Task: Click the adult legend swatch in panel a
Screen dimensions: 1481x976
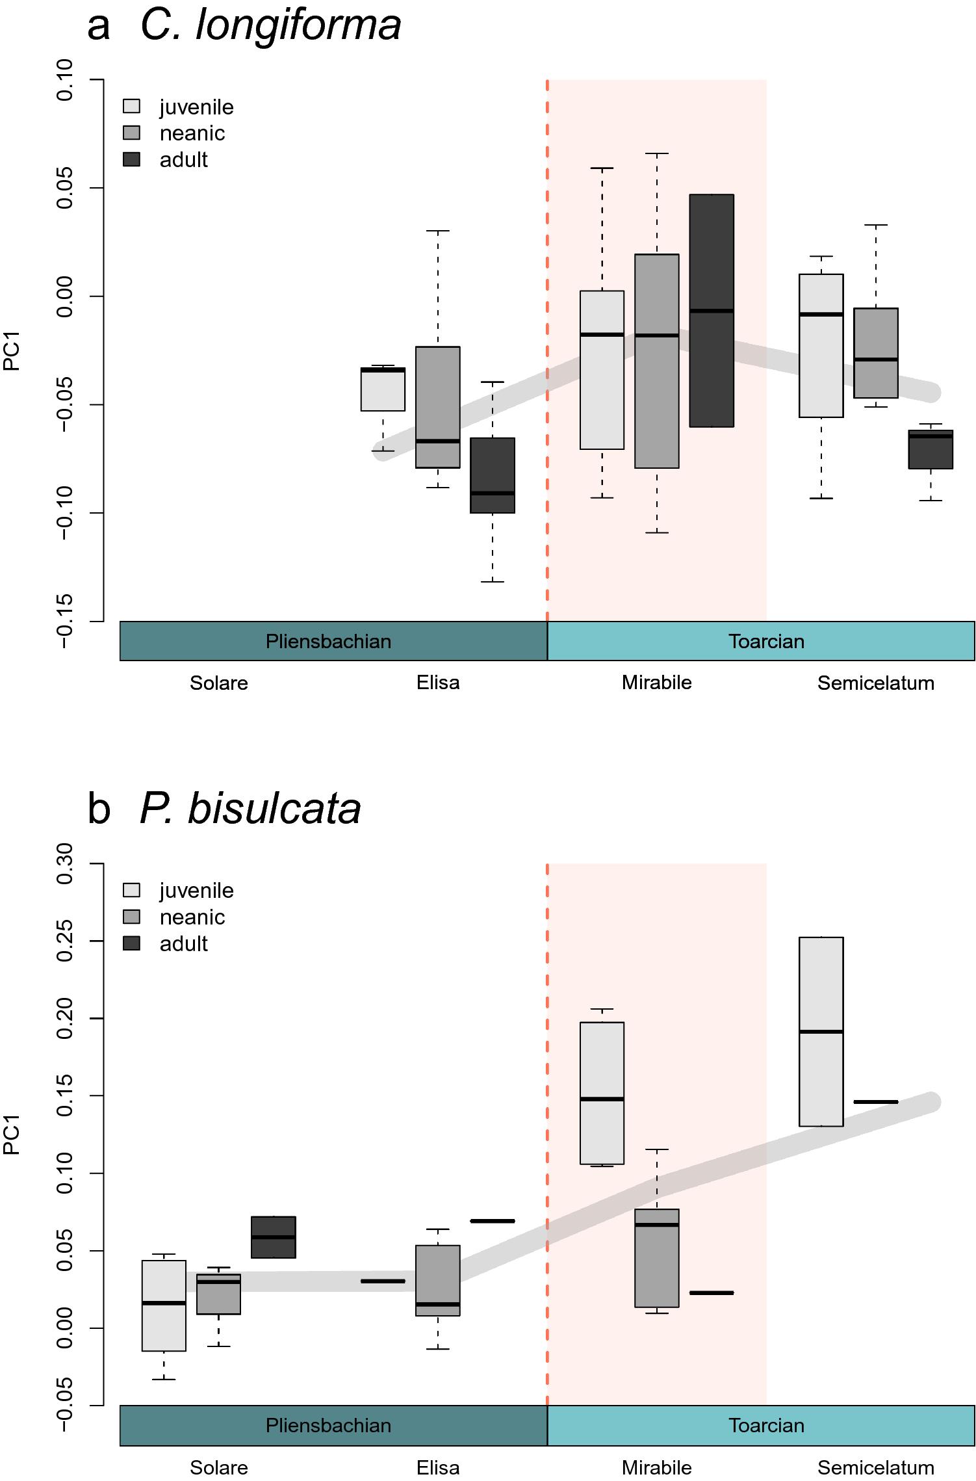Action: (x=131, y=159)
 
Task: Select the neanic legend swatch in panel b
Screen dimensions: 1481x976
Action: (x=131, y=917)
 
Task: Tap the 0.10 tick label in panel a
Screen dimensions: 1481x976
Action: (x=65, y=80)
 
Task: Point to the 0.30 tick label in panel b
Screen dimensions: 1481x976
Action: (x=65, y=864)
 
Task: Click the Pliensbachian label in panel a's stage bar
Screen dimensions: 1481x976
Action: (x=328, y=642)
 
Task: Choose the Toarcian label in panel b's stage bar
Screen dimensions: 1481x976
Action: (x=766, y=1426)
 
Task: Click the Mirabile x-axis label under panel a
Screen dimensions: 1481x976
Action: (x=656, y=683)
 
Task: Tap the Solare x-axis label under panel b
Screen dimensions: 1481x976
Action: (x=218, y=1467)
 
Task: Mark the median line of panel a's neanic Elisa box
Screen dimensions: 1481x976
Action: (x=438, y=441)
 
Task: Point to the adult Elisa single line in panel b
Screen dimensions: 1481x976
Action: (x=493, y=1221)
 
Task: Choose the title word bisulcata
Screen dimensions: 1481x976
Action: (x=274, y=809)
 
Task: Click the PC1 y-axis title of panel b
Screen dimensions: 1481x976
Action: (x=12, y=1134)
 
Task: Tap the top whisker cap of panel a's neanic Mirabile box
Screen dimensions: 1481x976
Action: (x=657, y=153)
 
